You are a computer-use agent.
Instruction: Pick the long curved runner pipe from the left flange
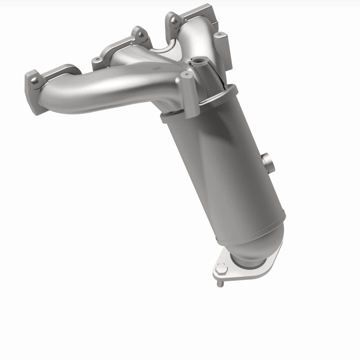(x=103, y=92)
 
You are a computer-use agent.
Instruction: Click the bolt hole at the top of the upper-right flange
(x=171, y=18)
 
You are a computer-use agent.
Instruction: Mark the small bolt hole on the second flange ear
(x=96, y=60)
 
